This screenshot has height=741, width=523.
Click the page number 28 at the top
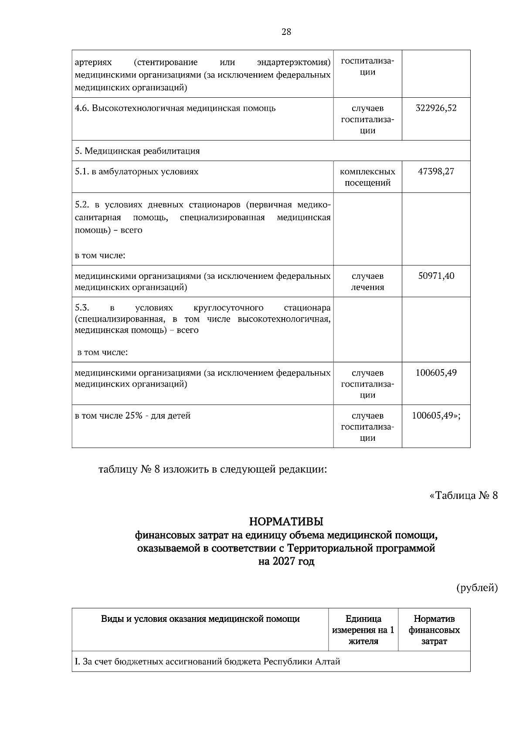tap(286, 31)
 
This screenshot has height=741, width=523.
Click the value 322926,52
tap(436, 108)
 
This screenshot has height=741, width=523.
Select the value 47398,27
tap(436, 172)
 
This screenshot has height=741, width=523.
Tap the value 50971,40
tap(436, 276)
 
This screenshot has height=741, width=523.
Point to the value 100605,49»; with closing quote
tap(436, 415)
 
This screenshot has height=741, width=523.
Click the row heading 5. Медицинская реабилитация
tap(137, 151)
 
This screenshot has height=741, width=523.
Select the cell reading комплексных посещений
tap(367, 177)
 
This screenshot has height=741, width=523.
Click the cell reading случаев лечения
tap(367, 281)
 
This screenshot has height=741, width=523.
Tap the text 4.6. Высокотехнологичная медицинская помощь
tap(175, 108)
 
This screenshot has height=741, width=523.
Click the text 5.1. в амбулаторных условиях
tap(136, 172)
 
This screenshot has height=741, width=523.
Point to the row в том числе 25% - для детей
tap(133, 416)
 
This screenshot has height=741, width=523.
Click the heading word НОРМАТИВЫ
tap(286, 521)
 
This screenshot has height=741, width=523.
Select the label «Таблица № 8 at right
tap(463, 496)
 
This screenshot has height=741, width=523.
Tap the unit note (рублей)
tap(477, 588)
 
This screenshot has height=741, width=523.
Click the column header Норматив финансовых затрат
tap(434, 630)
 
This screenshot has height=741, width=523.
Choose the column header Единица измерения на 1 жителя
tap(363, 630)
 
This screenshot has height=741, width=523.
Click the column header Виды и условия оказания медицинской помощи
tap(200, 619)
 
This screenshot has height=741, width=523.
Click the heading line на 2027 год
tap(286, 562)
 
